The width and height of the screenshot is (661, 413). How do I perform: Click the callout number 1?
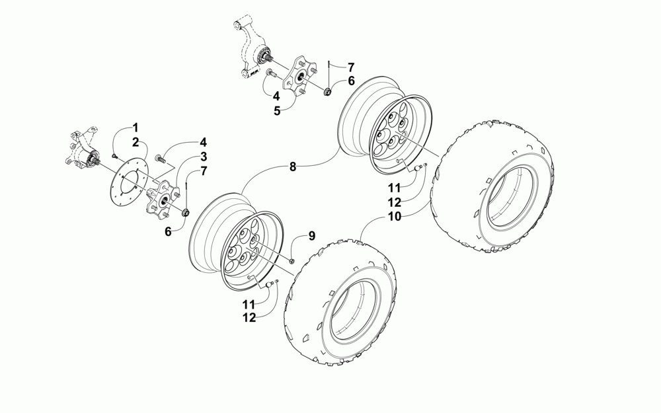(x=136, y=127)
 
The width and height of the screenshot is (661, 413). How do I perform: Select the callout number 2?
(x=136, y=141)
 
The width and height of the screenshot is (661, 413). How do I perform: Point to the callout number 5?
(x=278, y=110)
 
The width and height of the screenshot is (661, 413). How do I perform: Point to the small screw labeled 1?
(x=114, y=155)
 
